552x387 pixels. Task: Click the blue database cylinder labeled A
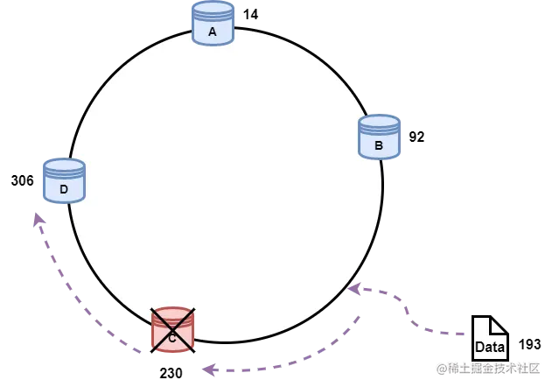click(x=213, y=24)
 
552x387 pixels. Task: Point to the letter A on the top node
click(x=213, y=32)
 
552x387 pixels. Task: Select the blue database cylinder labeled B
click(x=379, y=137)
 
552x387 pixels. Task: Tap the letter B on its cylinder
click(x=379, y=145)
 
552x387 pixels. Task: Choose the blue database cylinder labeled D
click(x=64, y=181)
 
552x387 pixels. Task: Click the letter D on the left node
click(x=64, y=189)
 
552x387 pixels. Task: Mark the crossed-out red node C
click(x=172, y=330)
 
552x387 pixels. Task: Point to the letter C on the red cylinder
click(x=172, y=337)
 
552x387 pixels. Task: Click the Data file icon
click(x=490, y=339)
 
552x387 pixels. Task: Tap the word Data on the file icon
click(x=490, y=347)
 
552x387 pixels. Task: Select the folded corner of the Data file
click(x=499, y=324)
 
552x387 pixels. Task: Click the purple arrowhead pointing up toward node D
click(x=36, y=219)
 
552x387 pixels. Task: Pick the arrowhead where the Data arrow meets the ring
click(x=354, y=288)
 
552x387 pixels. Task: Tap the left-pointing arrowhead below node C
click(x=208, y=369)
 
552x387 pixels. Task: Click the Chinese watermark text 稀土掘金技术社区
click(x=493, y=367)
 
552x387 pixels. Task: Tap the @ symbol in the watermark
click(x=440, y=367)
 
